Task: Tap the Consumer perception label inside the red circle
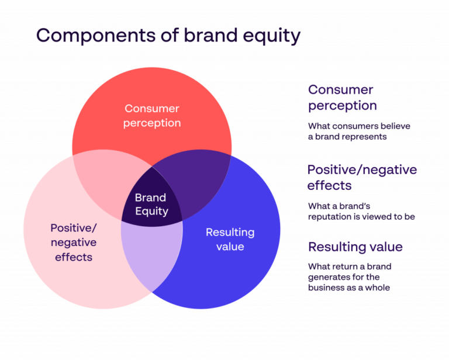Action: click(x=152, y=116)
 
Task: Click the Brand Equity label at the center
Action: click(x=151, y=205)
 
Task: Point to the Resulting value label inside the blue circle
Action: click(x=230, y=239)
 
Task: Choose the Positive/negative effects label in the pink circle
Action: click(x=74, y=242)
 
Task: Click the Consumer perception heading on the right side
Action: click(x=342, y=98)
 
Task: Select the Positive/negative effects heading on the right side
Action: click(x=362, y=178)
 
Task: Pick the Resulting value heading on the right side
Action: click(x=355, y=247)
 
